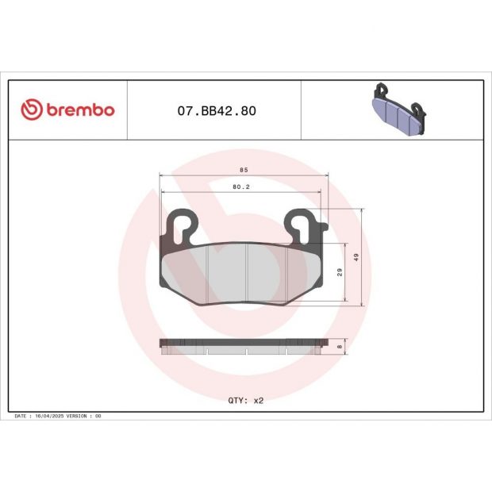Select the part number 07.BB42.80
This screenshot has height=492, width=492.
pos(213,110)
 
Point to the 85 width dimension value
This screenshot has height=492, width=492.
pos(243,169)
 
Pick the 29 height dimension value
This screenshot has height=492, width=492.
pos(340,272)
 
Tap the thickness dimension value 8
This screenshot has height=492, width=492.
pos(340,346)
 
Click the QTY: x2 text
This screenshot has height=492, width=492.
pos(244,401)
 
